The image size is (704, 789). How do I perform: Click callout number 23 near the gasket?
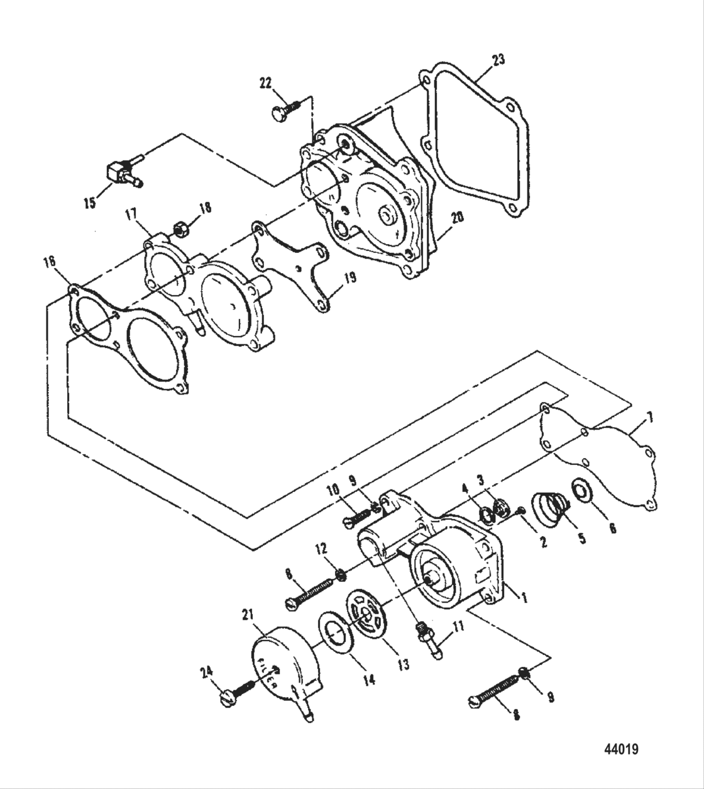pyautogui.click(x=498, y=60)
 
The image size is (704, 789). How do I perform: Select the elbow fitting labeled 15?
pyautogui.click(x=119, y=172)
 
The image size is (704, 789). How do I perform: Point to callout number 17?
pyautogui.click(x=131, y=216)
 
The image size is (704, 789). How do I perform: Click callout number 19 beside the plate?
pyautogui.click(x=350, y=277)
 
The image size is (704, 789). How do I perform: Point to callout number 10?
pyautogui.click(x=333, y=491)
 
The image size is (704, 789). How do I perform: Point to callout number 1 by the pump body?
pyautogui.click(x=522, y=593)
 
